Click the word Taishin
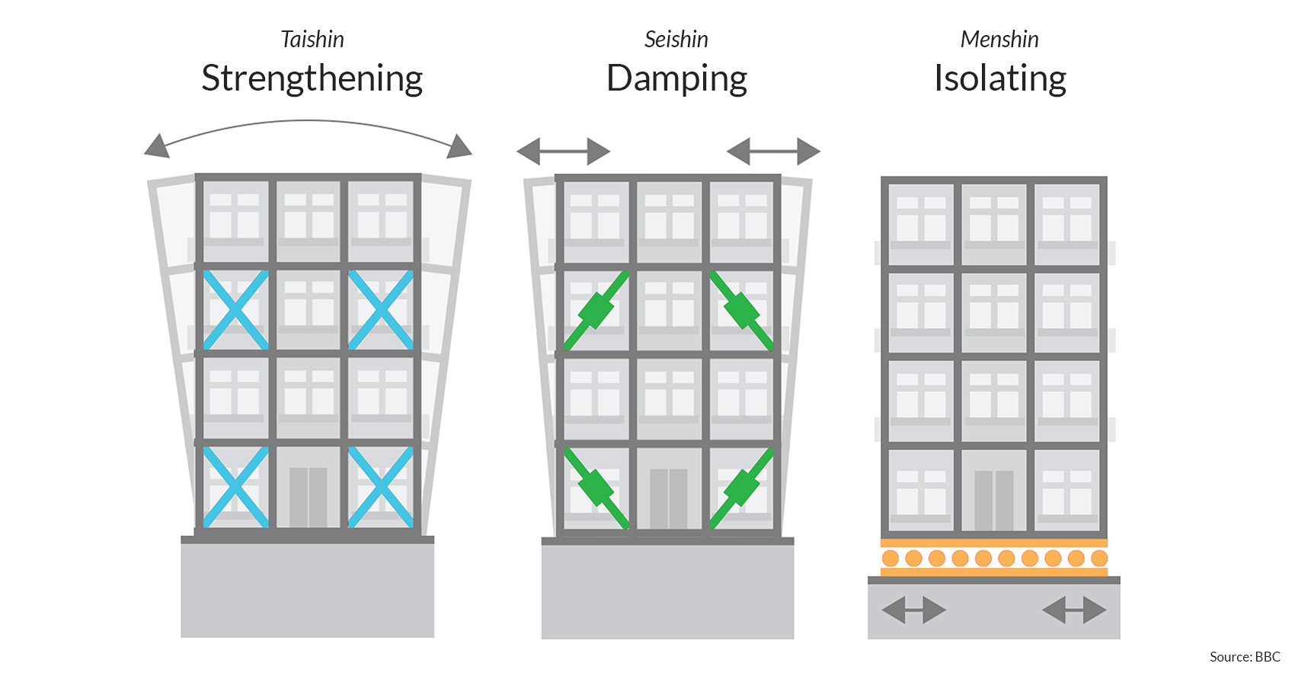click(312, 40)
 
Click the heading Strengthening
click(312, 78)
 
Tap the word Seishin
click(676, 40)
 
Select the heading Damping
click(676, 79)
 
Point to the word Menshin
click(999, 40)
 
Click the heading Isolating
click(999, 78)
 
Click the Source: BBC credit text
click(1245, 657)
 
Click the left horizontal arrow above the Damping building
click(564, 151)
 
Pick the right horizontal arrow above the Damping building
click(773, 151)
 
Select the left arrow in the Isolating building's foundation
click(913, 610)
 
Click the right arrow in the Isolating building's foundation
click(1074, 610)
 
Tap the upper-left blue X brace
click(235, 310)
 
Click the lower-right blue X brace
click(380, 487)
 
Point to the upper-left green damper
click(596, 311)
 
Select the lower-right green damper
click(740, 488)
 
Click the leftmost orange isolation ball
click(891, 558)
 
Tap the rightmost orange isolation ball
click(1098, 558)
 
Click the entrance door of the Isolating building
click(994, 500)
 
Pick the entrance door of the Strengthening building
click(308, 497)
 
